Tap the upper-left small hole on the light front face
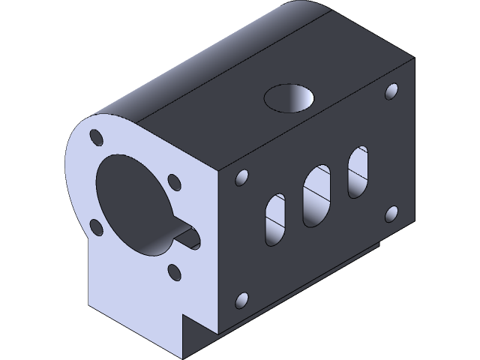[x=97, y=138]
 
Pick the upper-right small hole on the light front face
[x=174, y=182]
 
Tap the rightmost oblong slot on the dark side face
[x=358, y=172]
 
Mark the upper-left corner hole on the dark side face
[x=241, y=178]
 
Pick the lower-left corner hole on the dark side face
[x=241, y=301]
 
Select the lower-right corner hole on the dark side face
[x=391, y=214]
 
